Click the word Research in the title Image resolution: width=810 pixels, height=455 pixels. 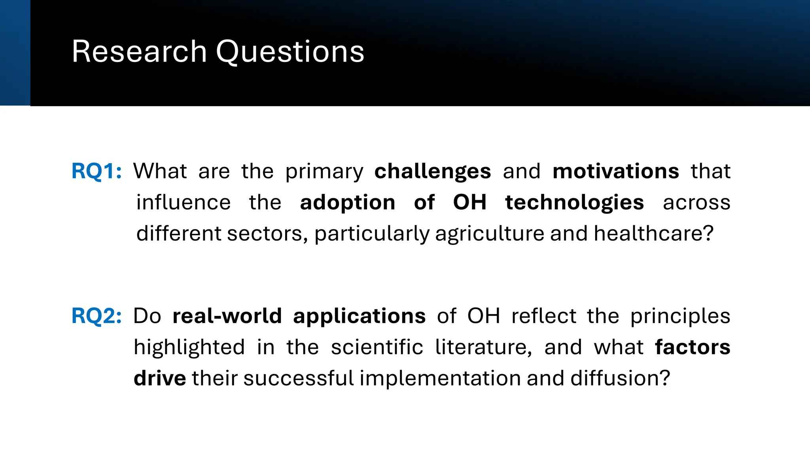pyautogui.click(x=139, y=52)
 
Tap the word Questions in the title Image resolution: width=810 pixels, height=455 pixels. pyautogui.click(x=290, y=52)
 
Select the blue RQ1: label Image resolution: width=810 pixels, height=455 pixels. pyautogui.click(x=97, y=171)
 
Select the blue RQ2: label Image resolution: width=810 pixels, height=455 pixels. pyautogui.click(x=97, y=316)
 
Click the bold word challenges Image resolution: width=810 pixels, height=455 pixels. pyautogui.click(x=433, y=171)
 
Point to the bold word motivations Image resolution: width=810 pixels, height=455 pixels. pyautogui.click(x=616, y=171)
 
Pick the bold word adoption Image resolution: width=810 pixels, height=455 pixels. pyautogui.click(x=348, y=203)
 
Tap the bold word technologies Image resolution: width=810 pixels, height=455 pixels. pyautogui.click(x=574, y=203)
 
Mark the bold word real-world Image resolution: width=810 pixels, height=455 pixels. pyautogui.click(x=227, y=316)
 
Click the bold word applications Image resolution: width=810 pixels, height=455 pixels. pyautogui.click(x=359, y=316)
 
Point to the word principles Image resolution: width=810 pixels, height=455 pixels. pyautogui.click(x=680, y=316)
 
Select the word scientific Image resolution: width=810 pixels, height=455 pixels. pyautogui.click(x=377, y=348)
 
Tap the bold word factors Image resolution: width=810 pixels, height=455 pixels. pyautogui.click(x=693, y=348)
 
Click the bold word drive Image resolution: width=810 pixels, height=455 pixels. pyautogui.click(x=160, y=378)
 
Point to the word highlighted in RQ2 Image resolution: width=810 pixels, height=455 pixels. pyautogui.click(x=189, y=348)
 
